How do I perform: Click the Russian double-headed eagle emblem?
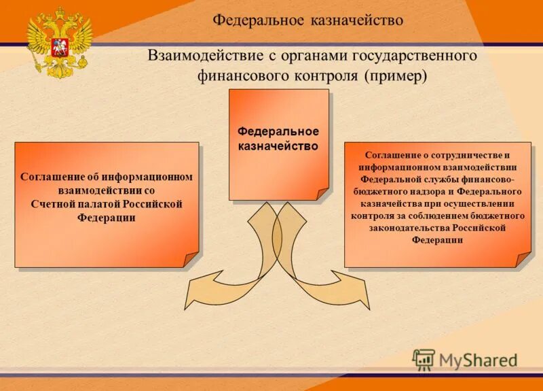(x=59, y=42)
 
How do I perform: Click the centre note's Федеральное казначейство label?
(x=278, y=138)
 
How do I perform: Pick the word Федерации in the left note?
(x=107, y=218)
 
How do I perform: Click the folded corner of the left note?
(x=191, y=259)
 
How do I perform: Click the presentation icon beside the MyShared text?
(x=424, y=359)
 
